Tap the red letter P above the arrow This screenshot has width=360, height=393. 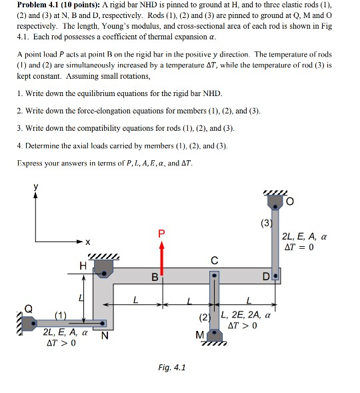tap(160, 233)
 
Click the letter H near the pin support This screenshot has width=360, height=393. tap(83, 266)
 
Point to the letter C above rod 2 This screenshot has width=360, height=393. tap(213, 261)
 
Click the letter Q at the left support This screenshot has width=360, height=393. tap(27, 309)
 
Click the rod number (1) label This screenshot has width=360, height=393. tap(61, 316)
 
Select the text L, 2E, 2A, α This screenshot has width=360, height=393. tap(250, 315)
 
